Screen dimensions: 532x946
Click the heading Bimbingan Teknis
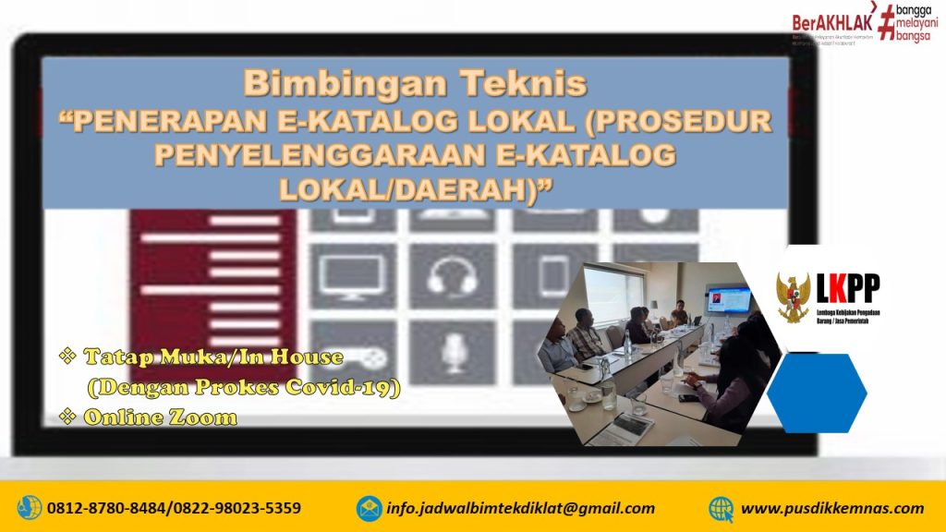tap(415, 85)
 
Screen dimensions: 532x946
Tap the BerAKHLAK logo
tap(828, 23)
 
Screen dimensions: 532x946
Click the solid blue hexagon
tap(817, 393)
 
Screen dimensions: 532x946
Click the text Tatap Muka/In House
tap(213, 357)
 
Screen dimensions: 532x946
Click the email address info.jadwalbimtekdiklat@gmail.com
tap(521, 508)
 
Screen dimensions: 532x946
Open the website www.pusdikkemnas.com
tap(832, 508)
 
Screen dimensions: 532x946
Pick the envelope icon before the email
tap(370, 508)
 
